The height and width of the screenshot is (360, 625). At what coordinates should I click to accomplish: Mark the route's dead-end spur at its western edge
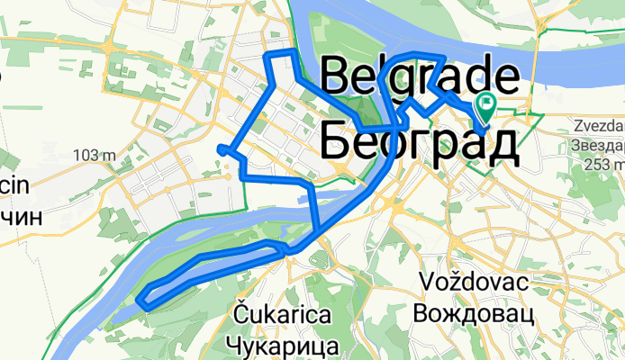coord(221,148)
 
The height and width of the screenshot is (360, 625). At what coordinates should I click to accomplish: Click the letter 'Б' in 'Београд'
coord(336,142)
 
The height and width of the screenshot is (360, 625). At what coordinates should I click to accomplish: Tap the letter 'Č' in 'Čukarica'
coord(240,314)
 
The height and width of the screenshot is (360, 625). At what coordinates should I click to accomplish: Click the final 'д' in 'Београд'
coord(501,144)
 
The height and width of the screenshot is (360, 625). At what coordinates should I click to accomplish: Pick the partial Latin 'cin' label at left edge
coord(12,187)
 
